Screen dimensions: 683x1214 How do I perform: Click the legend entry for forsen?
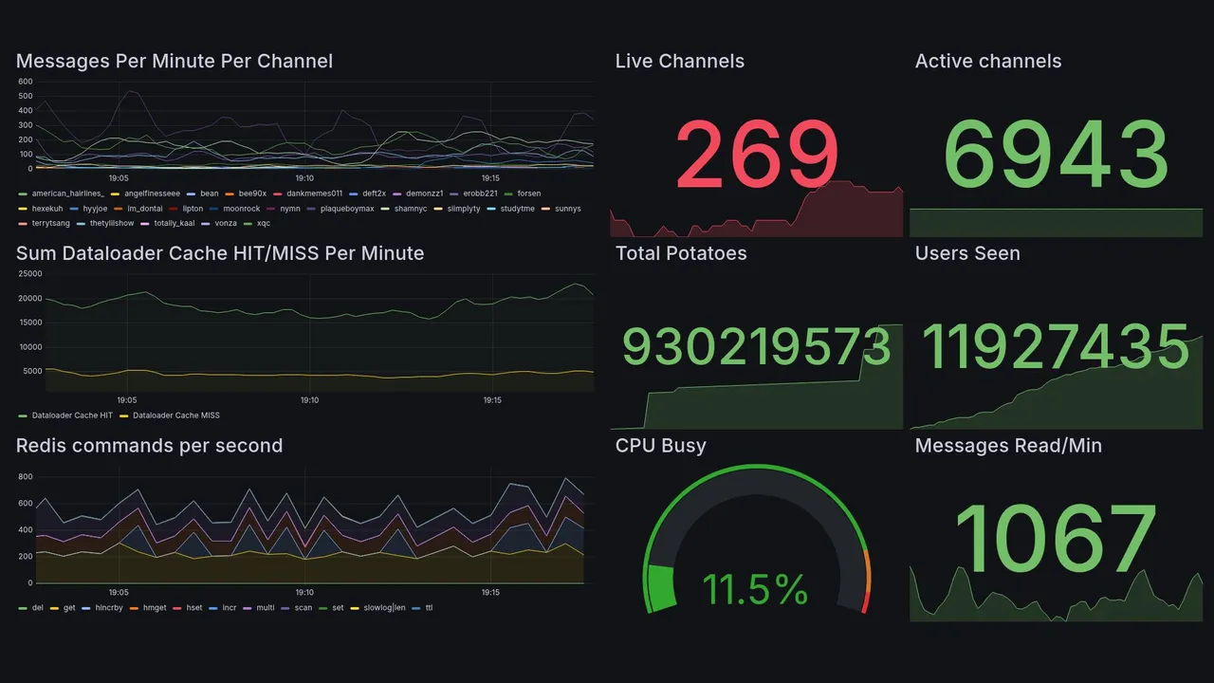click(528, 194)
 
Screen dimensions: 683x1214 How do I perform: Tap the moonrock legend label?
click(242, 209)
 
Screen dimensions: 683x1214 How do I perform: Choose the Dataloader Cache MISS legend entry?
click(175, 415)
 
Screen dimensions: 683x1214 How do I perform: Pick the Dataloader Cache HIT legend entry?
click(71, 415)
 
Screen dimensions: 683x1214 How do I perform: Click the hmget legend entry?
click(155, 607)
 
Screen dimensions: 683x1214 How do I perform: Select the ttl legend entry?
click(429, 607)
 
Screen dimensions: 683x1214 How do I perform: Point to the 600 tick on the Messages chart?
click(25, 82)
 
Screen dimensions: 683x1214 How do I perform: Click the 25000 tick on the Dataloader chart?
click(30, 274)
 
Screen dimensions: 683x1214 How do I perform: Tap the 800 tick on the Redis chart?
click(25, 476)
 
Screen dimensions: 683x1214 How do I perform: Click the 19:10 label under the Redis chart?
click(304, 592)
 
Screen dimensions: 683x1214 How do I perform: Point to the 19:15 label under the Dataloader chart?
click(491, 400)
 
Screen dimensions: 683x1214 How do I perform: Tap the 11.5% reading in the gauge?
click(755, 590)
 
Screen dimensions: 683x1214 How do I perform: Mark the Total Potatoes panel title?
click(681, 253)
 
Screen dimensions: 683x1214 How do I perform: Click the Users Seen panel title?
click(967, 253)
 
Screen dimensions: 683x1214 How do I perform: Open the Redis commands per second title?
click(149, 446)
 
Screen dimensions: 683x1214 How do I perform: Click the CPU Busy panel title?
click(660, 446)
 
